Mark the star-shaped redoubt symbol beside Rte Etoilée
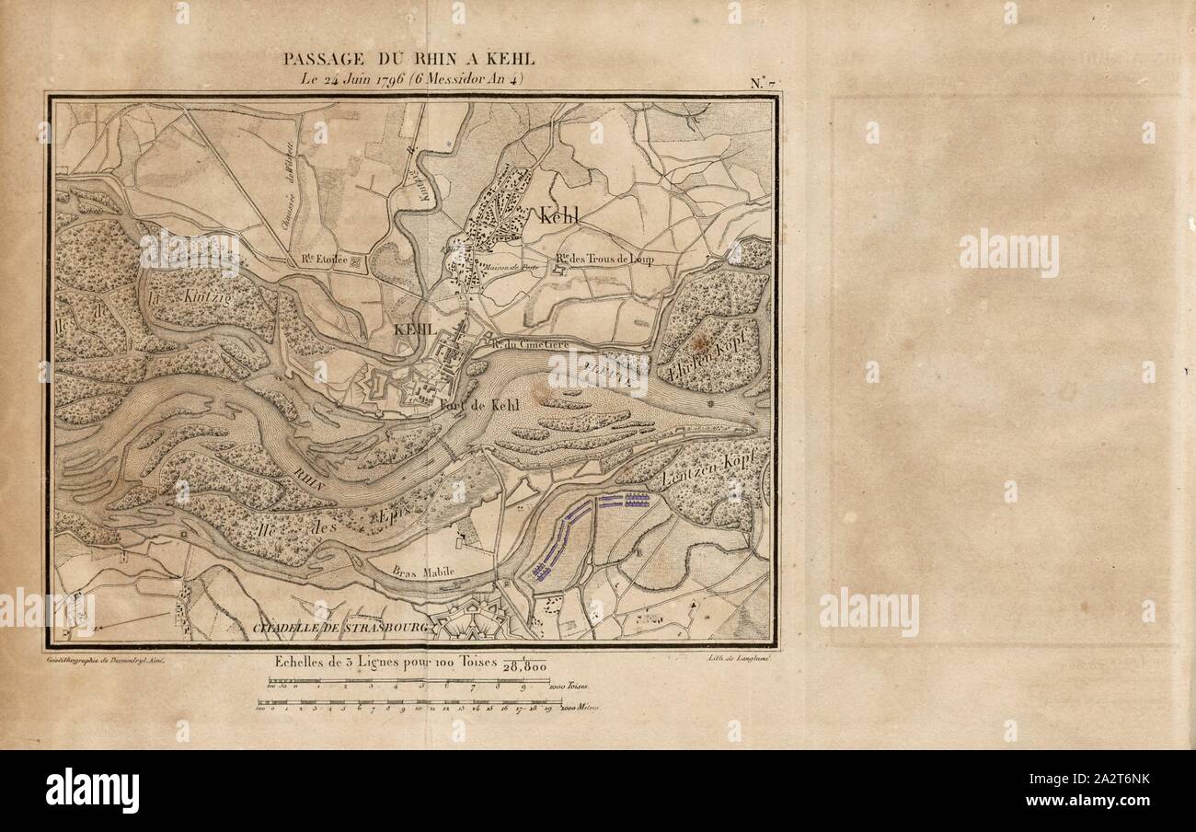[357, 262]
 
